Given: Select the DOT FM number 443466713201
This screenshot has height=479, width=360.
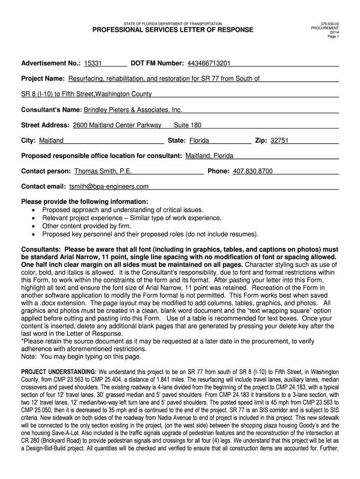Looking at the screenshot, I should tap(209, 63).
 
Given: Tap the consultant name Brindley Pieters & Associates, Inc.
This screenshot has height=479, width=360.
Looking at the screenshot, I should tap(133, 110).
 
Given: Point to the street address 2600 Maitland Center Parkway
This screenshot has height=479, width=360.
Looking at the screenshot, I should tap(117, 125).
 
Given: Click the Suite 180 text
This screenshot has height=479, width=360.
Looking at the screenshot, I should tap(187, 125).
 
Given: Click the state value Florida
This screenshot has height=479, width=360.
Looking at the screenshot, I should tap(199, 140).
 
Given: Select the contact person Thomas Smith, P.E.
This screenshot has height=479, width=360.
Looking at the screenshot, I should tap(107, 171).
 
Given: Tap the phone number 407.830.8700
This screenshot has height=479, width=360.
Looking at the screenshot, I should tap(252, 171).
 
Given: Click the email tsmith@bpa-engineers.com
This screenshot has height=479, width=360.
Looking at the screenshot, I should tap(109, 186).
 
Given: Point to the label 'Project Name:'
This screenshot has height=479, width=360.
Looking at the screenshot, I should tap(43, 79).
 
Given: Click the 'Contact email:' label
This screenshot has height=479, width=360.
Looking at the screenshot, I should tap(43, 186).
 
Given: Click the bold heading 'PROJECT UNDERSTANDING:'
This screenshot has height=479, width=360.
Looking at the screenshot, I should tap(58, 372).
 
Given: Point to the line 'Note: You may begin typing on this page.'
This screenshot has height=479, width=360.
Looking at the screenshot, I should tap(81, 356).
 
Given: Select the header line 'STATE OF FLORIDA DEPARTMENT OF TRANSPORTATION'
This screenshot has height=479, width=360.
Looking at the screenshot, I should tap(173, 23).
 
